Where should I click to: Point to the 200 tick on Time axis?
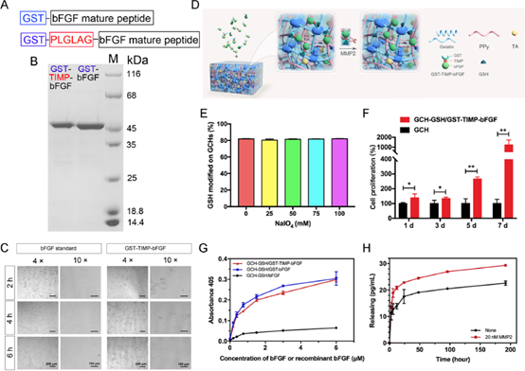507,350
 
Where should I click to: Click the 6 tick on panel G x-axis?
360,349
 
